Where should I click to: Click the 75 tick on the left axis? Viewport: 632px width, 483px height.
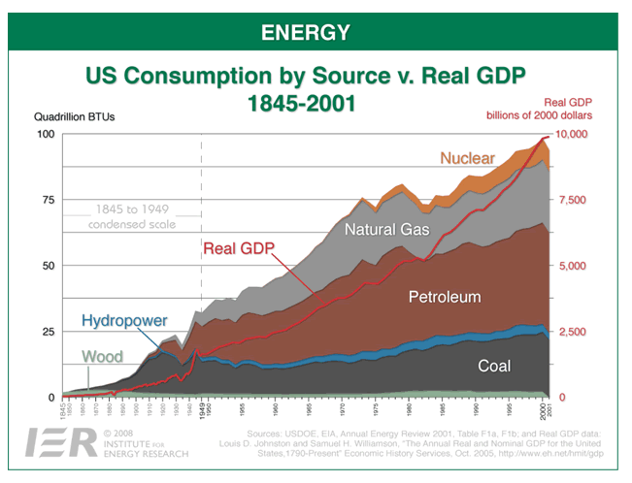(x=46, y=200)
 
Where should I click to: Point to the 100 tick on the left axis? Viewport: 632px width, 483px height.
(x=44, y=134)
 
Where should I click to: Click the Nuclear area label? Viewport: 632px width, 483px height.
(x=467, y=158)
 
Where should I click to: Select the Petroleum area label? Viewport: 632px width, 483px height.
(x=445, y=296)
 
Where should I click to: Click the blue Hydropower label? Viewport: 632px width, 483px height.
(x=124, y=320)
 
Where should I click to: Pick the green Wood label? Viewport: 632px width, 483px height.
(x=102, y=357)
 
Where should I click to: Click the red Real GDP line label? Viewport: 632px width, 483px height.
(x=239, y=247)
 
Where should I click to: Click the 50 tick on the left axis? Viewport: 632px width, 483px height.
(x=46, y=266)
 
